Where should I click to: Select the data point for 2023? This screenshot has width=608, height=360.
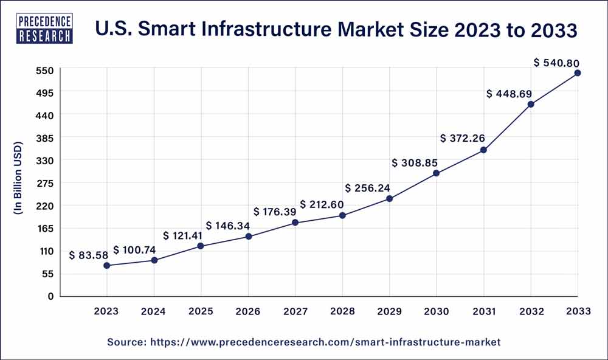coord(106,266)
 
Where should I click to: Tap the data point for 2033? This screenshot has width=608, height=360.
coord(578,73)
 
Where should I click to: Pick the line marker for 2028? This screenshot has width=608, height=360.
coord(342,215)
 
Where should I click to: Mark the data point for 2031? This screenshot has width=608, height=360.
coord(483,150)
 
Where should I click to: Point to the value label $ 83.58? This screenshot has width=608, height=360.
coord(89,255)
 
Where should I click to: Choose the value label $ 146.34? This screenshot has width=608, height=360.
coord(228,226)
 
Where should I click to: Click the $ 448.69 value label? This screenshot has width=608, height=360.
coord(510,94)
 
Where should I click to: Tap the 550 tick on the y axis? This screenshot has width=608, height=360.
coord(47,70)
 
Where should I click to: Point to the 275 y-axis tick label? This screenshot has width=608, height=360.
coord(47,183)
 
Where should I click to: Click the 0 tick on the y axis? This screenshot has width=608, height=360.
coord(52,296)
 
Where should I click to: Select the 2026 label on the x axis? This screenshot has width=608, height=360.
coord(248,311)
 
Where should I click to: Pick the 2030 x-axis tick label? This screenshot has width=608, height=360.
coord(437,311)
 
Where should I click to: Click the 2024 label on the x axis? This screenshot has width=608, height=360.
coord(154,311)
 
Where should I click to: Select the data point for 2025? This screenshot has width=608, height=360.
coord(201,246)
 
